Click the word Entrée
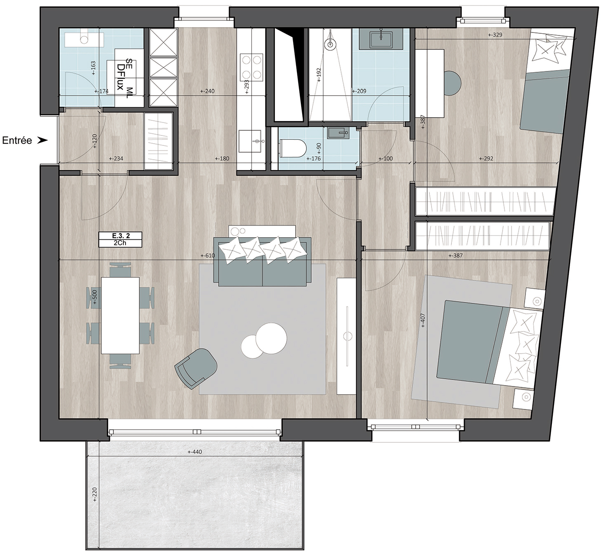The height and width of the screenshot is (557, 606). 17,141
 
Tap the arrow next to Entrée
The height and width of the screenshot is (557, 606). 43,141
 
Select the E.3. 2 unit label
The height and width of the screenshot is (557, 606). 120,235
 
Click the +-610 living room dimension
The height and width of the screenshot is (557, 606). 207,255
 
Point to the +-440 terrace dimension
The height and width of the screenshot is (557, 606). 194,452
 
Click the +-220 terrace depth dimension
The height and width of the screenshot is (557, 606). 95,494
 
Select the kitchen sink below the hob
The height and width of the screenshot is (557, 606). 250,141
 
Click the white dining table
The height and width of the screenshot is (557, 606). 120,315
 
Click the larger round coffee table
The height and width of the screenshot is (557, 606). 271,338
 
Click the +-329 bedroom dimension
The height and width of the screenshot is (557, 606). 495,35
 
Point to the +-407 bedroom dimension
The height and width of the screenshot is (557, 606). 423,321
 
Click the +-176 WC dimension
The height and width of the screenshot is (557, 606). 313,158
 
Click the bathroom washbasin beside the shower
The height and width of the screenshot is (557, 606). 380,39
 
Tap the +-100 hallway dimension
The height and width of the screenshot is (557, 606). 386,158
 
